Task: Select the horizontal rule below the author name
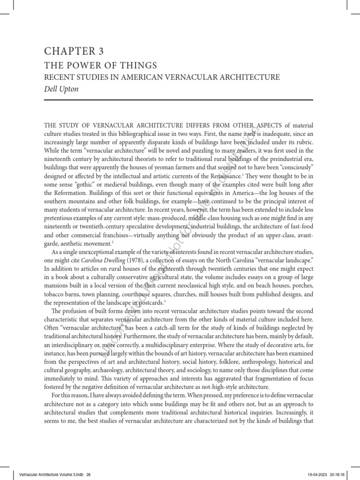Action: coord(178,100)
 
